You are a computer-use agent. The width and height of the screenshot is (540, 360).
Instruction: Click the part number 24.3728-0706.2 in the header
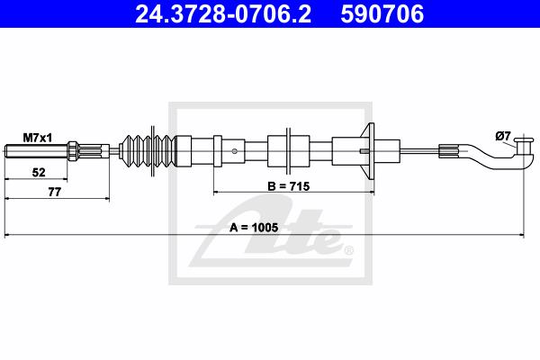tap(223, 13)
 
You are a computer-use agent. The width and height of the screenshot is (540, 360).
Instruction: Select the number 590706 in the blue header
tap(382, 13)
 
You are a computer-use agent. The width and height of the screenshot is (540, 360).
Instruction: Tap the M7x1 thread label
tap(38, 138)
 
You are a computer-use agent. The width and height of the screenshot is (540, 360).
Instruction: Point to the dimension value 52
tap(39, 172)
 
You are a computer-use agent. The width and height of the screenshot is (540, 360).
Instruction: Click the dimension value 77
tap(54, 192)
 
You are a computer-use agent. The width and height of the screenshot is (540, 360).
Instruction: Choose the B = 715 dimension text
tap(289, 186)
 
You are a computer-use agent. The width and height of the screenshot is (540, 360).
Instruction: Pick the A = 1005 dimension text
tap(254, 228)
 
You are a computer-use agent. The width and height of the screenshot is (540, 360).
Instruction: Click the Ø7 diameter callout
tap(503, 137)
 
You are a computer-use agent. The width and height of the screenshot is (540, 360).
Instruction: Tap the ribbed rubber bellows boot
tap(148, 151)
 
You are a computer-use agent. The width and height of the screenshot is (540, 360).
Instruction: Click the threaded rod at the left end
tap(36, 151)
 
